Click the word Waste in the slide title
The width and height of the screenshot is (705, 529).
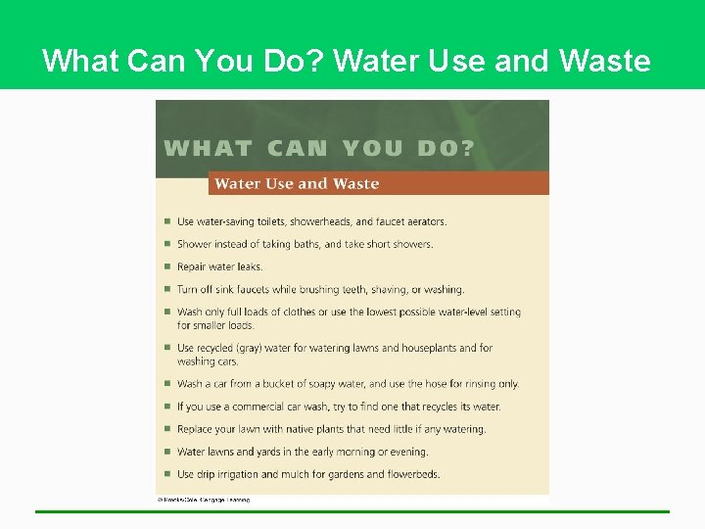coord(604,62)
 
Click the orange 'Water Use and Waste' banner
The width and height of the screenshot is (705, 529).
coord(378,183)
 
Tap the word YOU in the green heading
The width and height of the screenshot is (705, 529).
coord(373,149)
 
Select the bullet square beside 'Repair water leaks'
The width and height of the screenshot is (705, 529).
coord(167,266)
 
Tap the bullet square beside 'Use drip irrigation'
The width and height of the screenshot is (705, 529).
coord(167,474)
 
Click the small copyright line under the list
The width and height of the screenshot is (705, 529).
coord(204,500)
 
